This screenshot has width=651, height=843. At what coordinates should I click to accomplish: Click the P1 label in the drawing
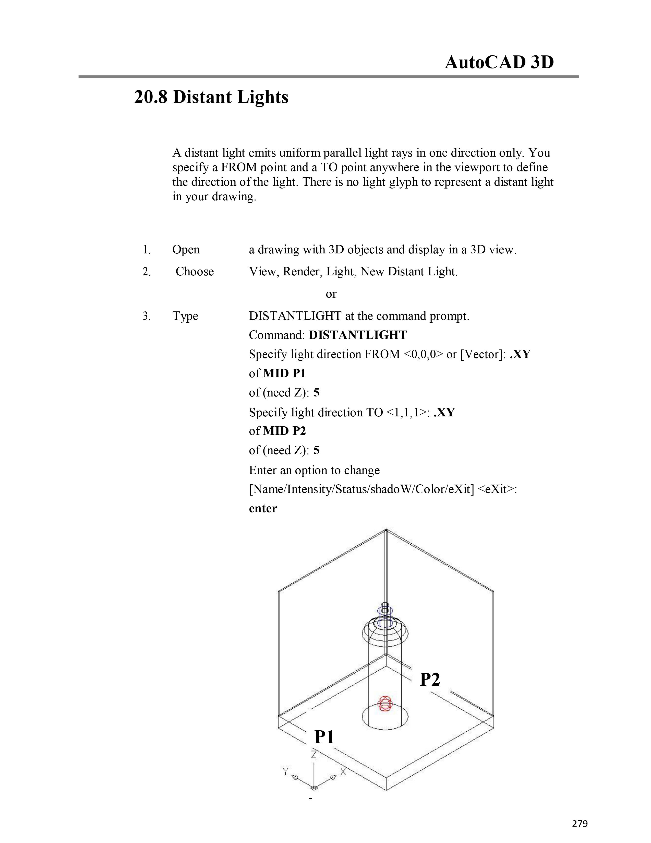click(x=324, y=737)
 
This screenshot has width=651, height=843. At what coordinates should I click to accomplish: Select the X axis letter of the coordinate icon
click(x=343, y=771)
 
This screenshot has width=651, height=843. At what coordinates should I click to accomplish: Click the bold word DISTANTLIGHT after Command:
click(x=357, y=335)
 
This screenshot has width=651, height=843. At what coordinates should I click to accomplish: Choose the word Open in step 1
click(x=186, y=250)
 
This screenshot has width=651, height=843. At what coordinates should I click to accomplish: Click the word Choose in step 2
click(x=194, y=272)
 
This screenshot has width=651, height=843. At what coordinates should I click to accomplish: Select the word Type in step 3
click(x=185, y=316)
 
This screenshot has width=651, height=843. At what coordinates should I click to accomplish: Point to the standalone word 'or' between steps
click(x=331, y=294)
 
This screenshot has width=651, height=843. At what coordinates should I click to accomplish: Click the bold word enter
click(x=263, y=508)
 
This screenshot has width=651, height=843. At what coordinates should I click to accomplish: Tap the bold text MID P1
click(x=284, y=373)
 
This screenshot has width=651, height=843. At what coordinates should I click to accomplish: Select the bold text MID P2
click(x=284, y=431)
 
